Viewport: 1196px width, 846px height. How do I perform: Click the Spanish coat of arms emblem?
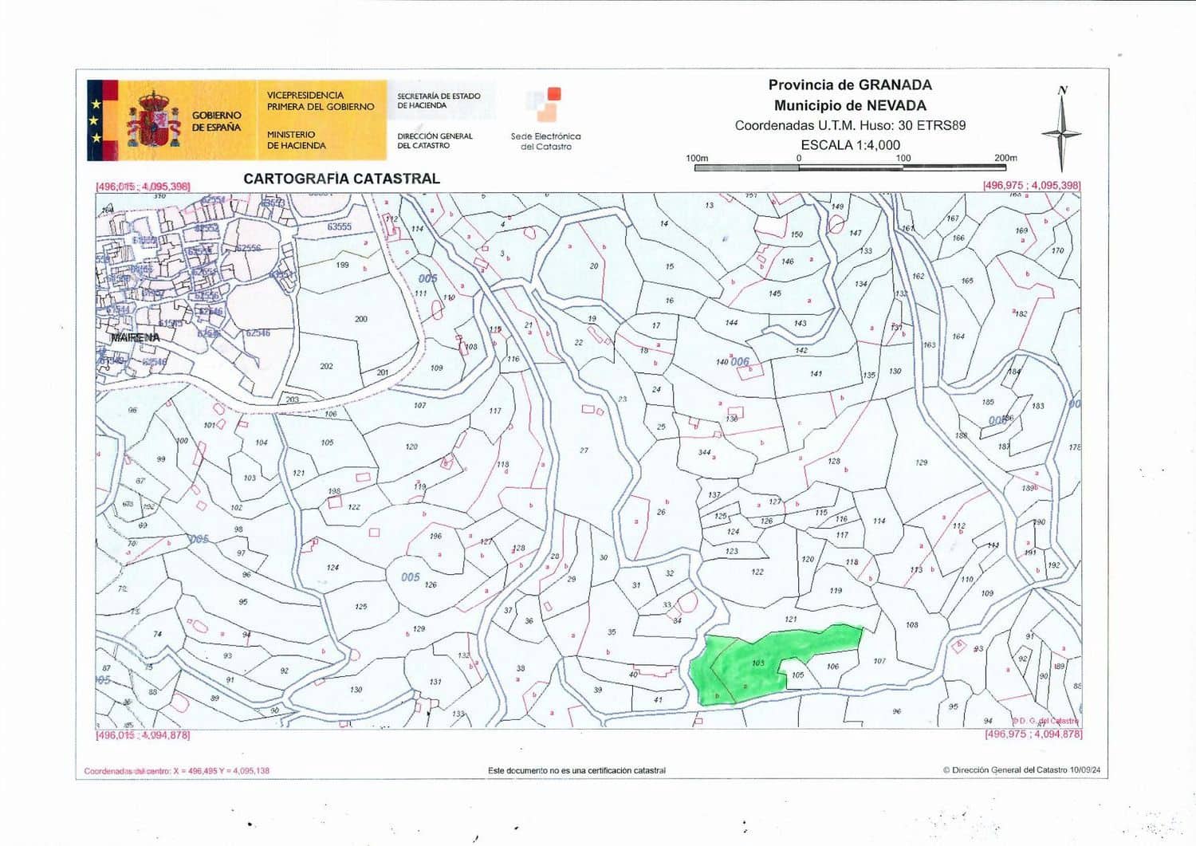[x=155, y=120]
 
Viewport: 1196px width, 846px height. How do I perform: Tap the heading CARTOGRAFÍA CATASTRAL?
[x=341, y=179]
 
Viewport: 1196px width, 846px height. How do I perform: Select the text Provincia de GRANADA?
[x=850, y=85]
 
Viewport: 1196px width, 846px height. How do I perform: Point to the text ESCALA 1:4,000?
[x=850, y=145]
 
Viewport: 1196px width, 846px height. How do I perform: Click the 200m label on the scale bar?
[x=1005, y=158]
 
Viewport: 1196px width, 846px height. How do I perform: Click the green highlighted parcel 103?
[x=749, y=666]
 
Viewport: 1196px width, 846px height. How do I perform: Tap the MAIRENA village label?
[x=135, y=337]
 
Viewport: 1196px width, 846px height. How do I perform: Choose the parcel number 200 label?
[x=361, y=319]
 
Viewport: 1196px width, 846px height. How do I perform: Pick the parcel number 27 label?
[x=584, y=451]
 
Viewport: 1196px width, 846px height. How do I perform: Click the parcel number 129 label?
[x=922, y=462]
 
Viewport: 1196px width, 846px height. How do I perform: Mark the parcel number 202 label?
[x=326, y=366]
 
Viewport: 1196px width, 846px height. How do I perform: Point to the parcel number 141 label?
[x=816, y=373]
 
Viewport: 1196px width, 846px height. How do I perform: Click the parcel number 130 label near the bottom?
[x=356, y=690]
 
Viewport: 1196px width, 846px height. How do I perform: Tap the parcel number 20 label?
[x=594, y=266]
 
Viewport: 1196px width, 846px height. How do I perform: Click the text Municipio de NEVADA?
[x=850, y=105]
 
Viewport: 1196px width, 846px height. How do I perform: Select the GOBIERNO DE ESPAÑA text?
[x=216, y=121]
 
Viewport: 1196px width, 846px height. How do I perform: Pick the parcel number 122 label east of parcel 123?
[x=757, y=572]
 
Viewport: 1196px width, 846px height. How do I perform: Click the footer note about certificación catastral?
[x=576, y=770]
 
